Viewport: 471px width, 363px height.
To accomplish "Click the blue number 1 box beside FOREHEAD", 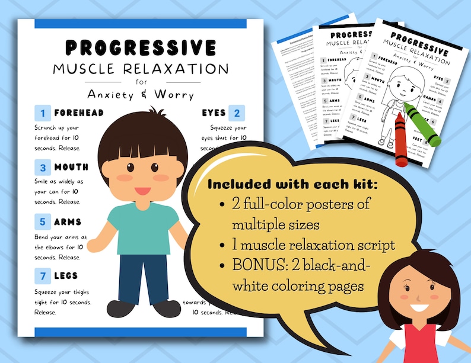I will tap(43, 113).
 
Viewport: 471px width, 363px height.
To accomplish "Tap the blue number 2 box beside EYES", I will tap(237, 113).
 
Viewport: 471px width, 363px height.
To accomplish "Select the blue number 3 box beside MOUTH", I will tap(43, 167).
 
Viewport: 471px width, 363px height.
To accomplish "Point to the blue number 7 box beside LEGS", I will tap(43, 276).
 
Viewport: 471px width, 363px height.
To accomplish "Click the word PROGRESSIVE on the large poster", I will tap(141, 47).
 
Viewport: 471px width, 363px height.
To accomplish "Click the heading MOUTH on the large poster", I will tap(71, 167).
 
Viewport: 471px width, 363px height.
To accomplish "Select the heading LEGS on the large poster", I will tap(66, 276).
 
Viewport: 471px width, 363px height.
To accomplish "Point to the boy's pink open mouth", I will tap(142, 191).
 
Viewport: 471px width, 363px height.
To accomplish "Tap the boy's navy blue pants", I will tap(142, 278).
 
